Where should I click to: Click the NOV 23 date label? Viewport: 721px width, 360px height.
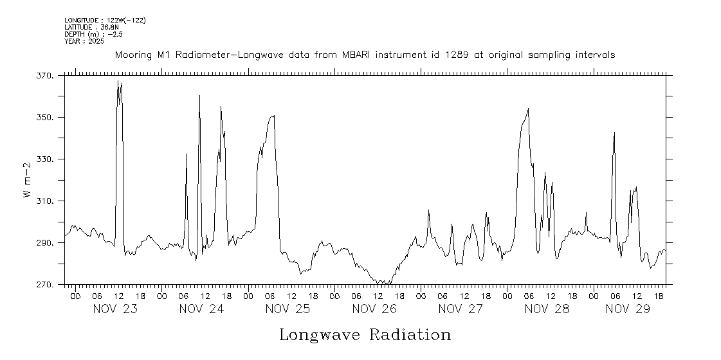[115, 309]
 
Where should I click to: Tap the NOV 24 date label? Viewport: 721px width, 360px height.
[201, 309]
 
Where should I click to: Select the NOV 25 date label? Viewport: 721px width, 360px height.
[288, 309]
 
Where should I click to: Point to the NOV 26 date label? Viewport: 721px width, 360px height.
[374, 309]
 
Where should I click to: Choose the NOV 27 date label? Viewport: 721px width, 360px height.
[461, 309]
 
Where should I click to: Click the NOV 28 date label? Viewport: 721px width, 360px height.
[547, 309]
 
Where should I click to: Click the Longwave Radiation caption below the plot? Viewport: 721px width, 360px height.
[365, 335]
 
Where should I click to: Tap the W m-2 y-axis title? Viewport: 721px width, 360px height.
[27, 181]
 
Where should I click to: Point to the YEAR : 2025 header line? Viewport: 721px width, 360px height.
[84, 41]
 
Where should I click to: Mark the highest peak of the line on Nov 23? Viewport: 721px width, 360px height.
[118, 81]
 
